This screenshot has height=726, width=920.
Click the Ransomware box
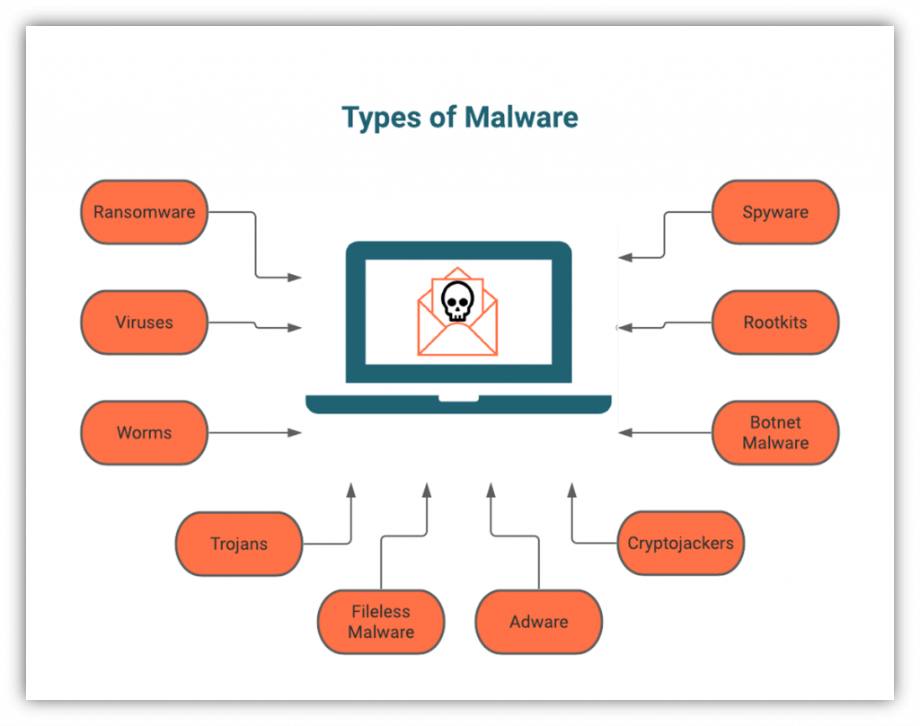[x=144, y=213]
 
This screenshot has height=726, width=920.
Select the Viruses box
[x=144, y=323]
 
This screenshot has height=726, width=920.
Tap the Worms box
[x=144, y=433]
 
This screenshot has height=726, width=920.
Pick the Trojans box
[x=239, y=544]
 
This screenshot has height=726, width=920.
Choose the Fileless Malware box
[x=381, y=622]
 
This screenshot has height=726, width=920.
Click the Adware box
[x=539, y=622]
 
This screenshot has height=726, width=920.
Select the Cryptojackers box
[x=680, y=544]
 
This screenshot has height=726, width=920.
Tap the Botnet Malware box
[x=775, y=433]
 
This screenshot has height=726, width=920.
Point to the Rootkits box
[x=775, y=323]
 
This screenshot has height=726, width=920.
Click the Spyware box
[x=775, y=213]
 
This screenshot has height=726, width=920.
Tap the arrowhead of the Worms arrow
[x=296, y=433]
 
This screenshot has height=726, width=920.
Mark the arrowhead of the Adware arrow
[x=491, y=491]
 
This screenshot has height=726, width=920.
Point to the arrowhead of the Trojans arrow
[x=351, y=491]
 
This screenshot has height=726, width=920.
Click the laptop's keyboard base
[x=458, y=403]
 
